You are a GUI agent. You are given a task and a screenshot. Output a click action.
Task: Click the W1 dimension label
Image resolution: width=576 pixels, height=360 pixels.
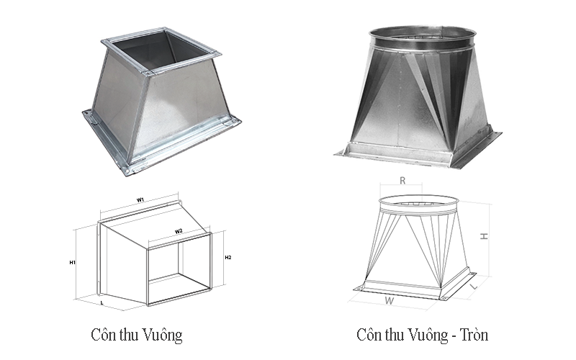click(141, 199)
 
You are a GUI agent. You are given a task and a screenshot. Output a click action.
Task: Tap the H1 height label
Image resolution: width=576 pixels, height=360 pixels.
click(73, 263)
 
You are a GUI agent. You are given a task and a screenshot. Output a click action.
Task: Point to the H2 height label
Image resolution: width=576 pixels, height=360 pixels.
click(228, 257)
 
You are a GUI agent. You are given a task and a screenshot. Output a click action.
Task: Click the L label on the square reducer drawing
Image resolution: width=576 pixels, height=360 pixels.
click(102, 303)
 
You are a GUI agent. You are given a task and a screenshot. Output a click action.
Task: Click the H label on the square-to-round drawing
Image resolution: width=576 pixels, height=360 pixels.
click(485, 237)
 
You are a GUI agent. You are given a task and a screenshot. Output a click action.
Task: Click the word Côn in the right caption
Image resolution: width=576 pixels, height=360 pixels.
click(372, 335)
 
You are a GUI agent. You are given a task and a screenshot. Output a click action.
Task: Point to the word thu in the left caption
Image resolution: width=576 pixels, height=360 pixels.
click(127, 335)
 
